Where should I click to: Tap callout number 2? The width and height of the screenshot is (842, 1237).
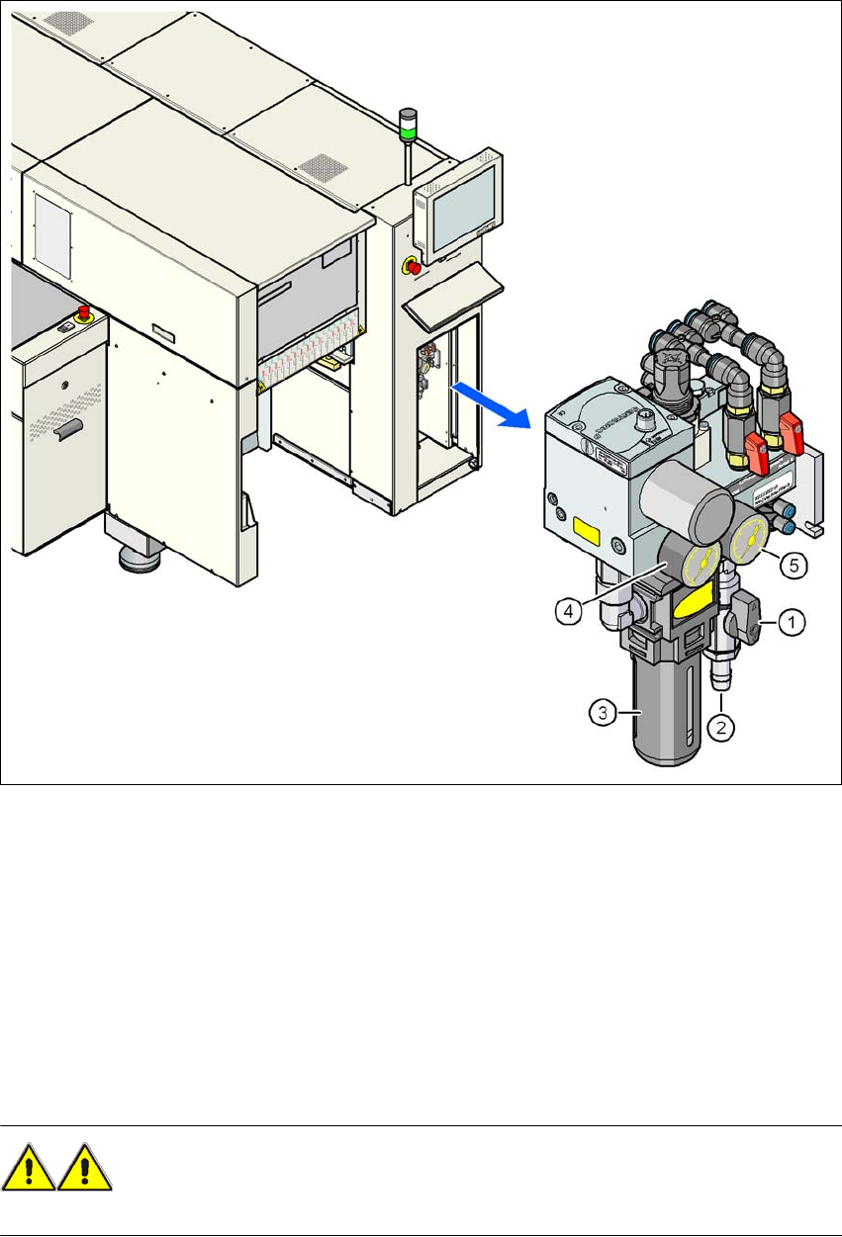click(722, 729)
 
